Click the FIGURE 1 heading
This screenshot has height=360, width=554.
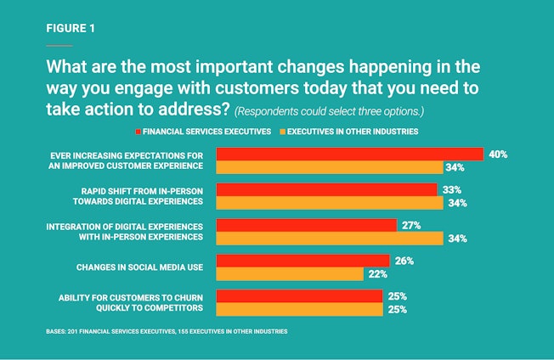point(71,28)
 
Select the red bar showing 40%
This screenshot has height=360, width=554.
point(349,154)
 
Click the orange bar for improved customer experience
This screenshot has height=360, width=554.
point(330,167)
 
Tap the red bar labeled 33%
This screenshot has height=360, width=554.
point(326,189)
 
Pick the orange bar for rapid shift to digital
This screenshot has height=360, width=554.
point(330,203)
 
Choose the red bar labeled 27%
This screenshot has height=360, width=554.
point(307,225)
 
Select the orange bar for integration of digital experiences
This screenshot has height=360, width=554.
point(330,239)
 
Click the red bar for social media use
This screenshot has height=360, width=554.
point(302,261)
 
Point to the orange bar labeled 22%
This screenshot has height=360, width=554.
point(290,274)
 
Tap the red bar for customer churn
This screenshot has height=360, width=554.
point(299,296)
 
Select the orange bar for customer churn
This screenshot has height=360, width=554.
point(299,309)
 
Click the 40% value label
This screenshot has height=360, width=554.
point(499,155)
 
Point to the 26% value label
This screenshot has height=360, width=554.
point(404,261)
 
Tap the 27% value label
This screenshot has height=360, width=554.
point(412,225)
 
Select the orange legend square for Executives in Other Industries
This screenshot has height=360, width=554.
point(282,132)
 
